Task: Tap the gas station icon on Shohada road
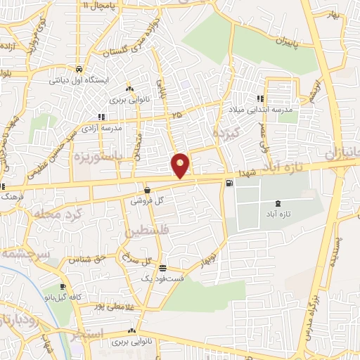(x=229, y=184)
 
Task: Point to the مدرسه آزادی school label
(x=102, y=128)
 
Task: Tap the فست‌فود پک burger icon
(x=162, y=268)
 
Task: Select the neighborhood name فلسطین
(x=147, y=231)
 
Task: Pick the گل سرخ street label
(x=138, y=258)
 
